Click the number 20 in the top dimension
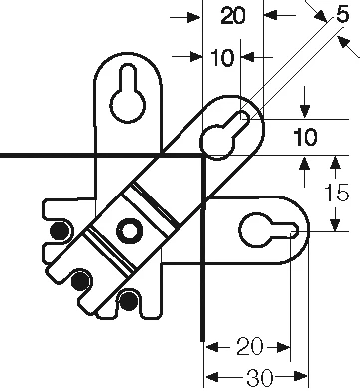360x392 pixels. [233, 16]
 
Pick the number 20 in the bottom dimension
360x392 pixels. [247, 347]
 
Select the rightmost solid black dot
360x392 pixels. [129, 298]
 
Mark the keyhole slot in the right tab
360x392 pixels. [266, 230]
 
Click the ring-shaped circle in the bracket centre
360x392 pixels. [129, 232]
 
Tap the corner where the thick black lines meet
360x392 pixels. [202, 157]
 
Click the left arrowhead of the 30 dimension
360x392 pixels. [210, 377]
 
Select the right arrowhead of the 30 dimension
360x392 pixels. [302, 377]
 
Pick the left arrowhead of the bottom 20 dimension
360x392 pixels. [210, 347]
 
